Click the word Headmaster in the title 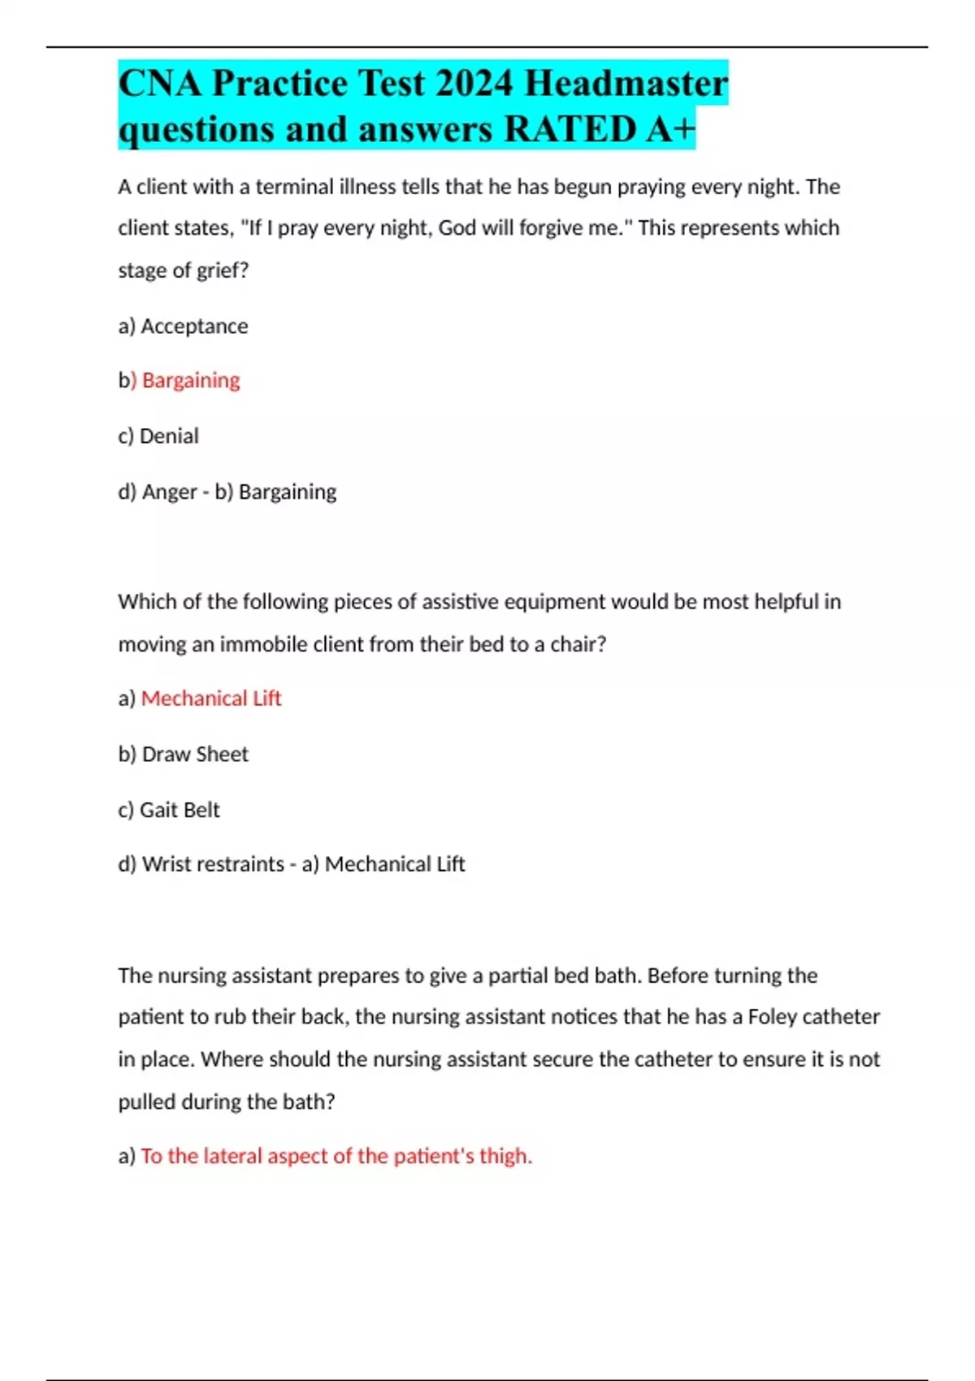626,83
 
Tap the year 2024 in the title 474,83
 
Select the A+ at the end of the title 671,130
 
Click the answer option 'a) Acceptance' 183,327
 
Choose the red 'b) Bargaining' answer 180,380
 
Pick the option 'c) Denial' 158,436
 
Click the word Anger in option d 169,492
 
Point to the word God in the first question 457,228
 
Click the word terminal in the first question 294,188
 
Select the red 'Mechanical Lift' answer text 211,699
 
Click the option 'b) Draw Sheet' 183,755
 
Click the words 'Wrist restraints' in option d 213,864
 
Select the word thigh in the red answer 504,1156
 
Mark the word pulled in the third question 146,1102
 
